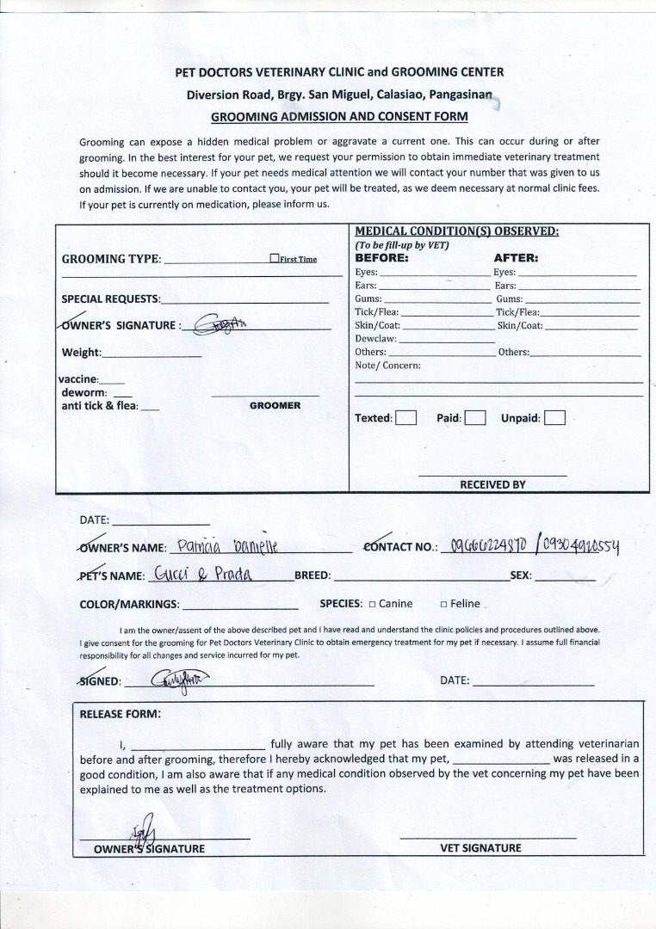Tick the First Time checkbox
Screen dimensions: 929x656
click(x=274, y=258)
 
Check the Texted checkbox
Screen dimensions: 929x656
click(x=405, y=419)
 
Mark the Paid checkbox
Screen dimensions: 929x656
click(x=475, y=419)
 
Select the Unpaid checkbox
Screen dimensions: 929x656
click(x=554, y=419)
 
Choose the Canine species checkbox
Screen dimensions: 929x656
click(x=372, y=604)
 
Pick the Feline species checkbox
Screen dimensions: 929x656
click(x=443, y=604)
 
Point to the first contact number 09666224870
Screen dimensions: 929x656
click(x=485, y=547)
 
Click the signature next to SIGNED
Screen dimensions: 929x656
click(x=179, y=680)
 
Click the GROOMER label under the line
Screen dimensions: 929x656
click(x=275, y=405)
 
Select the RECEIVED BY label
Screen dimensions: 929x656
click(x=492, y=484)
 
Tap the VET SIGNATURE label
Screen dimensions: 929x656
click(x=480, y=848)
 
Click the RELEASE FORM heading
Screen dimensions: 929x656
click(x=120, y=713)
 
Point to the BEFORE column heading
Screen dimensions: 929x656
click(x=381, y=257)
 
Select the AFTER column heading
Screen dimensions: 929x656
click(x=516, y=257)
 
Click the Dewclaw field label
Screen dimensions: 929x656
click(x=375, y=339)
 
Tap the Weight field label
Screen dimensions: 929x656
click(x=81, y=353)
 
